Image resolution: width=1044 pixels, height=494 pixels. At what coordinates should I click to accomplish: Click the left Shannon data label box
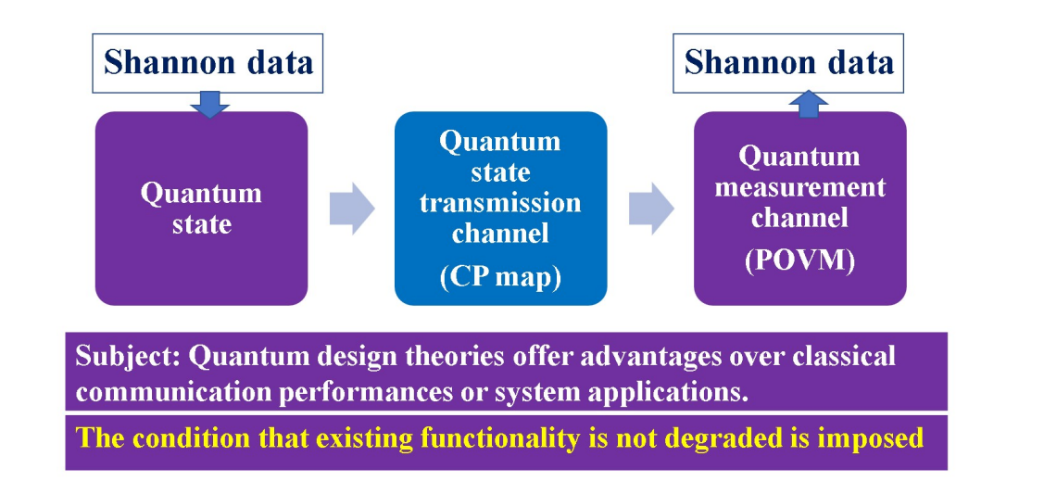208,63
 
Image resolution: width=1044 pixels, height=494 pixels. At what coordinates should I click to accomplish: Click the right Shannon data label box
788,63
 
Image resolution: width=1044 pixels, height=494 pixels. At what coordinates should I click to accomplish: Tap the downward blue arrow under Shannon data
209,105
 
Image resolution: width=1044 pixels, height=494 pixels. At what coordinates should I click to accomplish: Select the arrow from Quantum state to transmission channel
352,209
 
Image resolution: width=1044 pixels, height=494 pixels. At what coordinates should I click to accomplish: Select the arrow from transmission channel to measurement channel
651,209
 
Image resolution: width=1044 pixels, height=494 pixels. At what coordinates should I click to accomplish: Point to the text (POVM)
799,260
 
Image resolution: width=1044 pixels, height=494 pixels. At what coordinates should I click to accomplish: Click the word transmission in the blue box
500,202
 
